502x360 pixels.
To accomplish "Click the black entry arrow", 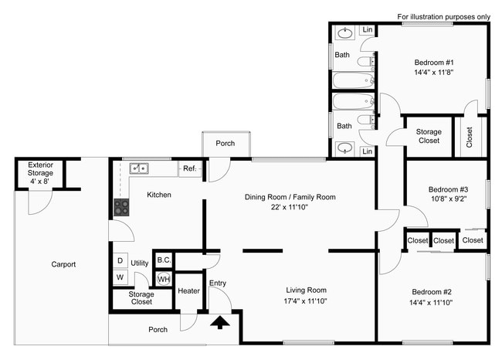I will tap(220, 321).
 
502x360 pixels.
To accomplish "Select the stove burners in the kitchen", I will tap(121, 206).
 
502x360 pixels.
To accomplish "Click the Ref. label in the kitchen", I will tap(188, 168).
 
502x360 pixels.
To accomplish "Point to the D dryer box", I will tap(120, 261).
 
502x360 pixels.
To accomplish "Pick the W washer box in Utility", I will tap(120, 277).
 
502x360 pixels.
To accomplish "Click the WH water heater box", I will tap(164, 278).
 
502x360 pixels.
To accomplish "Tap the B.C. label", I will tap(164, 260).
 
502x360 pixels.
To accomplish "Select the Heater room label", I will tap(188, 290).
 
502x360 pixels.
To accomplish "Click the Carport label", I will tap(63, 264).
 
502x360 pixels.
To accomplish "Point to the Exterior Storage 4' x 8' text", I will tap(41, 173).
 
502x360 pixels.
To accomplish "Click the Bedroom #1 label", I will tap(434, 63).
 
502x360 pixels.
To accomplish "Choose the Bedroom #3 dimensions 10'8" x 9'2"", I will tap(449, 199).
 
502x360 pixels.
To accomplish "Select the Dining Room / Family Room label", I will tap(290, 197).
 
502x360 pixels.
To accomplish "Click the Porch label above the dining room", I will tap(226, 143).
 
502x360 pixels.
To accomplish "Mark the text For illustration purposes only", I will tap(443, 16).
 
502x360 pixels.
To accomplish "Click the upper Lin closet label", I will tap(368, 31).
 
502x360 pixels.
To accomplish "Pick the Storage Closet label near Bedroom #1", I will tap(429, 136).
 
